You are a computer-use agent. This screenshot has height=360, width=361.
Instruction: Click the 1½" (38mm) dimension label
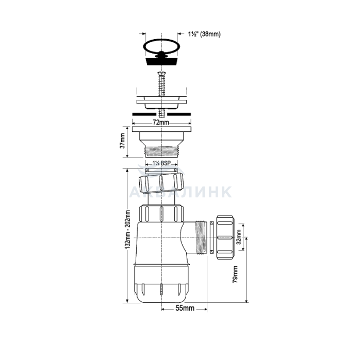point(204,35)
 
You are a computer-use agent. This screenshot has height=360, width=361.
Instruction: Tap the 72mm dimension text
point(161,123)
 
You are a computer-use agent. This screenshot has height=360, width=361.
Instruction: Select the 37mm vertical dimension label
point(122,141)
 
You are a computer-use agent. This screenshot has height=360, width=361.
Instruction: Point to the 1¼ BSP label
point(161,163)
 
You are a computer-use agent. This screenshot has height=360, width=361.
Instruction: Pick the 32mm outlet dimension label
point(238,237)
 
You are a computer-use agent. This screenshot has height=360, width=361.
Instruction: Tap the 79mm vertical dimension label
point(235,274)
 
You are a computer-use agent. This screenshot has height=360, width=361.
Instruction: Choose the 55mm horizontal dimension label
point(185,308)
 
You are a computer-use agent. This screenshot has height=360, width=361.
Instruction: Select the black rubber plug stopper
point(161,61)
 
